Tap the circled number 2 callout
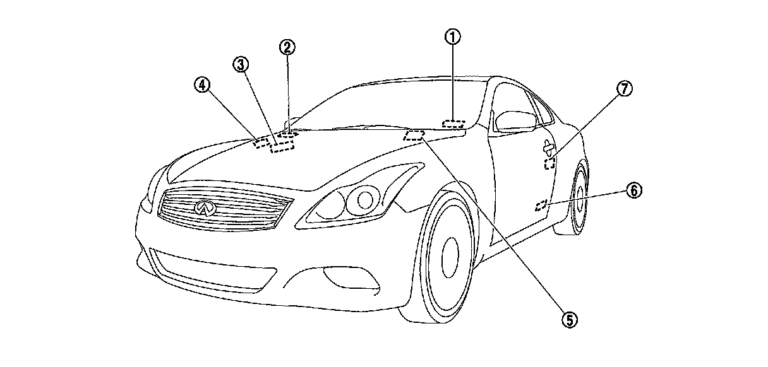287,47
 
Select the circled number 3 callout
241,64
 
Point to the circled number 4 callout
202,85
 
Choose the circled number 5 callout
569,320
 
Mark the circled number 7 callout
623,90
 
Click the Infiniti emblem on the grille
205,208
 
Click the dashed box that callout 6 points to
541,206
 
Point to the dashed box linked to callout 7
550,165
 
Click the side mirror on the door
514,120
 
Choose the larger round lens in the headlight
365,201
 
